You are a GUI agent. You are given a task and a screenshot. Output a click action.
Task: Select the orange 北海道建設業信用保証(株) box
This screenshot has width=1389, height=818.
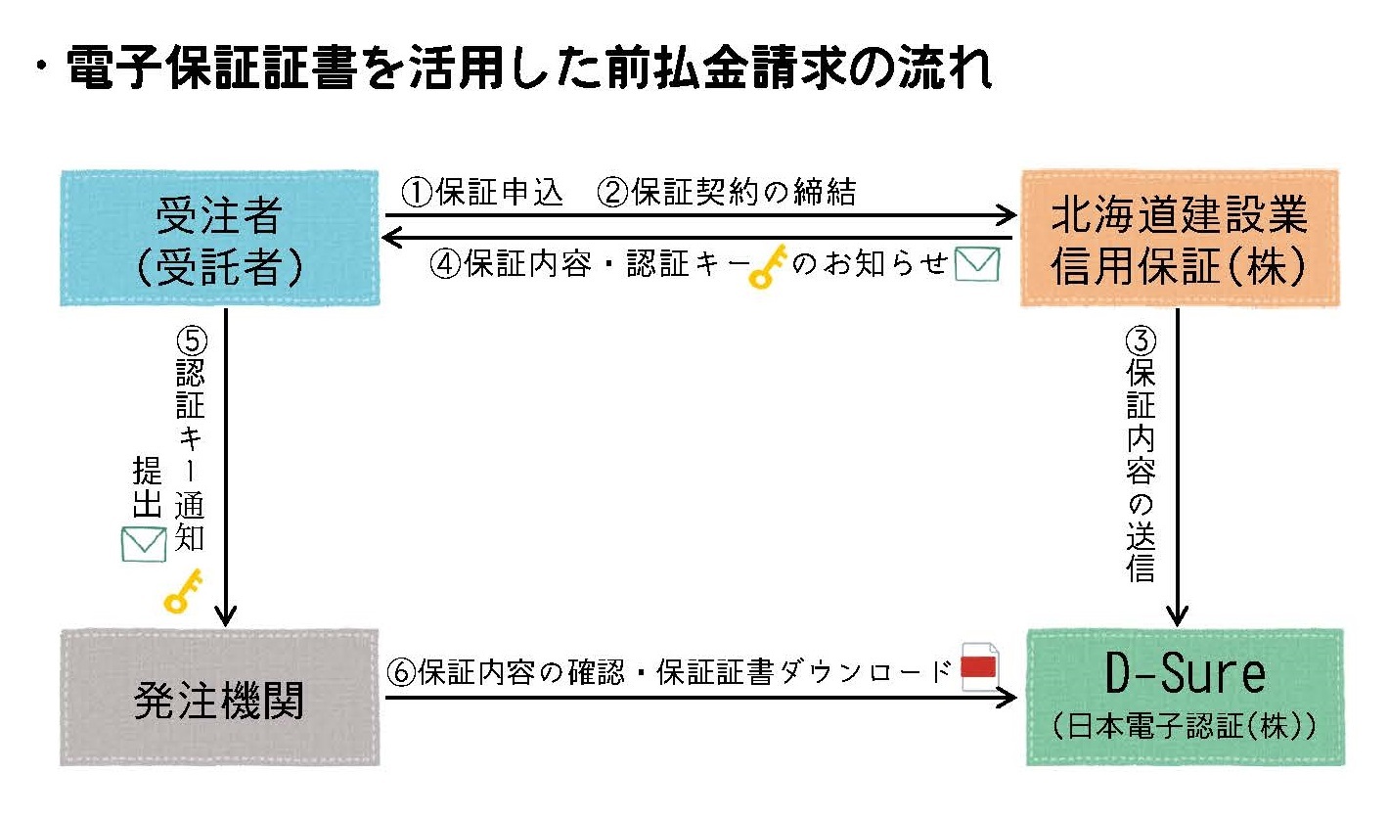tap(1179, 238)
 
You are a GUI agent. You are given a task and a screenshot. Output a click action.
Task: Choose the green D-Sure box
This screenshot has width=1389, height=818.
tap(1185, 698)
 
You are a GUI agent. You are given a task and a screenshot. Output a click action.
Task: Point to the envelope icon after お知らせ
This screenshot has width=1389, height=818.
tap(976, 264)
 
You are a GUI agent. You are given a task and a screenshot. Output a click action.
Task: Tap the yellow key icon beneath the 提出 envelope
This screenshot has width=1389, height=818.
tap(182, 592)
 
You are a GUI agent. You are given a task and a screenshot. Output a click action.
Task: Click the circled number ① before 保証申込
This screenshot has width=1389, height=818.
tap(417, 193)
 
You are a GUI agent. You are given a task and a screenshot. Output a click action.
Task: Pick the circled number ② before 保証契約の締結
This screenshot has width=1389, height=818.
tap(612, 193)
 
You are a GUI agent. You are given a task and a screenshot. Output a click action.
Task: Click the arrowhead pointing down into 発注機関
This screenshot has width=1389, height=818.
tap(226, 616)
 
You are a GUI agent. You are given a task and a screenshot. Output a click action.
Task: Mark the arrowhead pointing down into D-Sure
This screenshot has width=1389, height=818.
tap(1178, 616)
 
